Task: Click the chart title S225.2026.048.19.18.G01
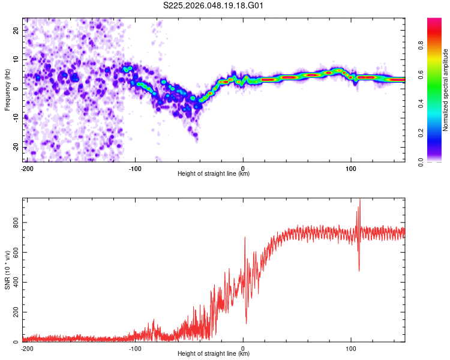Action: (x=214, y=5)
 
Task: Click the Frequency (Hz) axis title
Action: (x=7, y=90)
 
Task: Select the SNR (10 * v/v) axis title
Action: (x=7, y=269)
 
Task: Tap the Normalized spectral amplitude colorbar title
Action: (x=445, y=90)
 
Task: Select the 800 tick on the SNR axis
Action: (x=15, y=223)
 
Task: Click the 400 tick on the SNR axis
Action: (x=15, y=283)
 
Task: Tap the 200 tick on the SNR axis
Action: (x=15, y=313)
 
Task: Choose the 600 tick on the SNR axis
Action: (x=15, y=253)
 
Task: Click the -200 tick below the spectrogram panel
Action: (x=27, y=167)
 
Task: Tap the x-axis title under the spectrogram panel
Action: (x=214, y=174)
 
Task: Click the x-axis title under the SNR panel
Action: (x=214, y=354)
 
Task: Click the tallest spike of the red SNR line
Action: (x=360, y=200)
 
